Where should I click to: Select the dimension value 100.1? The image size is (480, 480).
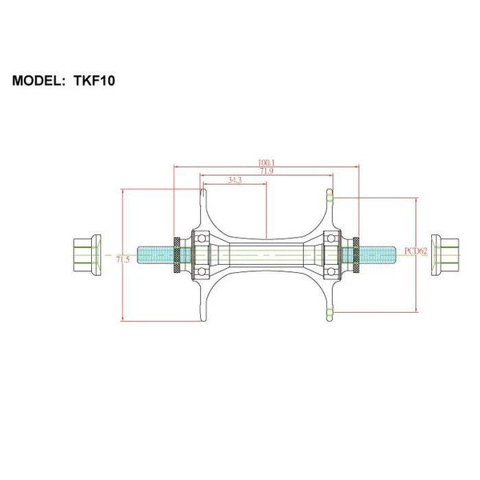[x=266, y=163]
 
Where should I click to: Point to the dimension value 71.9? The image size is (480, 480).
[x=266, y=171]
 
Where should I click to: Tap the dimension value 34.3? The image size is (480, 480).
[x=234, y=181]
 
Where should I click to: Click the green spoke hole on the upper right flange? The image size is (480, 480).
[x=330, y=195]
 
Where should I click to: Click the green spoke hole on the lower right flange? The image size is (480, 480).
[x=330, y=310]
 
